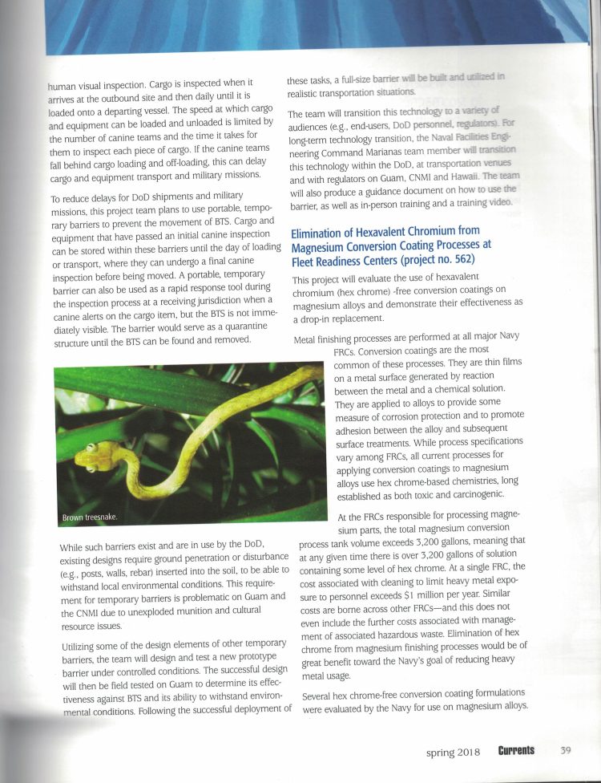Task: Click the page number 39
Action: click(565, 751)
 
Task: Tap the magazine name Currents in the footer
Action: click(515, 751)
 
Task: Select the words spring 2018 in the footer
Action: click(452, 752)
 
